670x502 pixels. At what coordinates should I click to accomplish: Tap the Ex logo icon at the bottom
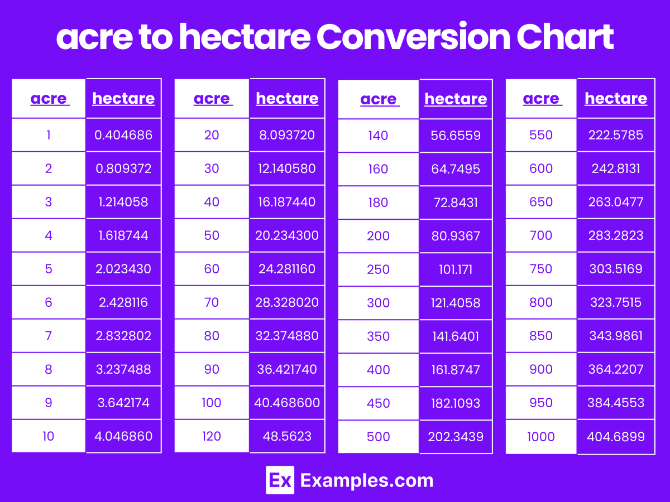(280, 480)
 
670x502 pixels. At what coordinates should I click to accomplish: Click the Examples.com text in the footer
(367, 480)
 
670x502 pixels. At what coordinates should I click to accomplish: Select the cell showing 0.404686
(123, 134)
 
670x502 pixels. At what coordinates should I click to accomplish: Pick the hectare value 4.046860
(123, 436)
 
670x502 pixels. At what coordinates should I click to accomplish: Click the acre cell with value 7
(49, 335)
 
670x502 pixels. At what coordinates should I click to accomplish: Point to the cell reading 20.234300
(287, 235)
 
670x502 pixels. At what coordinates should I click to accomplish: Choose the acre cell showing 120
(212, 436)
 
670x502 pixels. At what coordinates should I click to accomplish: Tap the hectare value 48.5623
(287, 436)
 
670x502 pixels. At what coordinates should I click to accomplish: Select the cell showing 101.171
(456, 269)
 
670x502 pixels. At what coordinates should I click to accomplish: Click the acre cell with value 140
(379, 135)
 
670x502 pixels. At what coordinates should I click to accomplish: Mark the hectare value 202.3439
(456, 436)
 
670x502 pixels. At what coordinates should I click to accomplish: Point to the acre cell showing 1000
(541, 436)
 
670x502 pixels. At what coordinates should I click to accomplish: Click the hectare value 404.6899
(616, 436)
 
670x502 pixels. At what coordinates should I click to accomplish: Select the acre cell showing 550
(541, 134)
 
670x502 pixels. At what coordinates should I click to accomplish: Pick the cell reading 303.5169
(616, 268)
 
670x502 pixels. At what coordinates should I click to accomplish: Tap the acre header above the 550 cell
(541, 99)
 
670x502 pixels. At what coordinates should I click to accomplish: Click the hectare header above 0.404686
(123, 99)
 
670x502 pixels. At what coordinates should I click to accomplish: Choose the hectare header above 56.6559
(456, 99)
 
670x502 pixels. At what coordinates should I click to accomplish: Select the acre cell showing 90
(212, 369)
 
